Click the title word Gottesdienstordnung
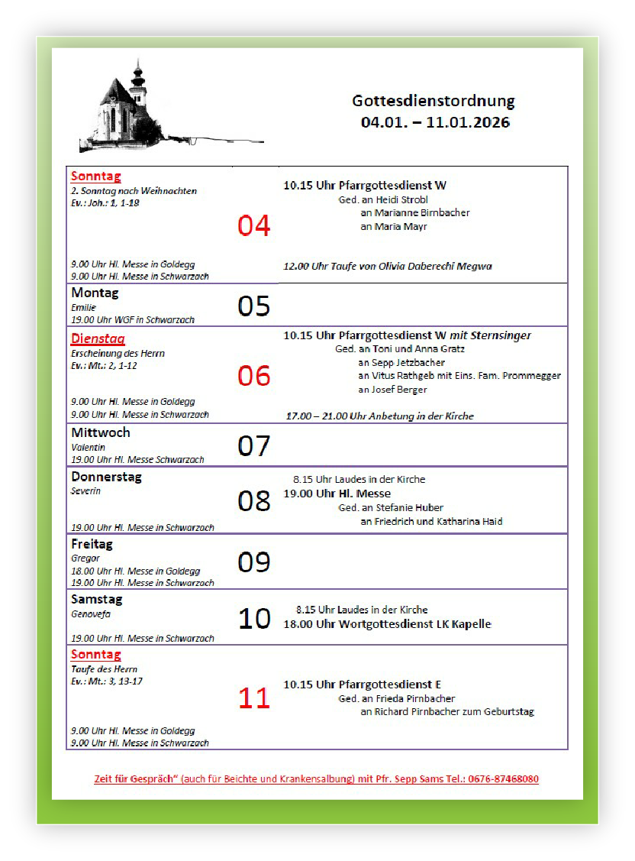point(433,101)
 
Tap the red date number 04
point(254,225)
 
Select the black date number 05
point(254,306)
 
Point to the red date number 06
point(254,375)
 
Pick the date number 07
point(254,445)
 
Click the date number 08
point(254,500)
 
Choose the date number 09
point(254,562)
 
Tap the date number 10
point(254,618)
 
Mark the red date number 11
point(254,698)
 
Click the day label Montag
point(95,293)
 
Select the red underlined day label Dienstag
point(98,339)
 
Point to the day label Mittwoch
point(101,432)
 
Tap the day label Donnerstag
point(107,477)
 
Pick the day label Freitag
point(92,544)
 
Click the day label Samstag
point(97,600)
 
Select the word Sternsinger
point(501,335)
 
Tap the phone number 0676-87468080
point(498,779)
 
